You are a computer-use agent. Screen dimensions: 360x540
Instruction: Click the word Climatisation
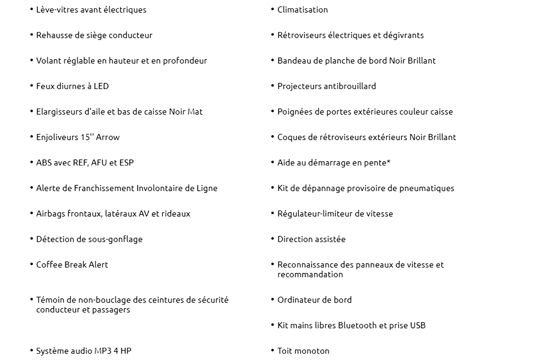pos(302,10)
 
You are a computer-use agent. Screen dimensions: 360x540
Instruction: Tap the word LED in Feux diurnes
pos(101,86)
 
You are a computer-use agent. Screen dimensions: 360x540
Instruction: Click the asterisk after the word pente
pos(388,162)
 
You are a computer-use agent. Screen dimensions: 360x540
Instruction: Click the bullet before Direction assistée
pos(273,239)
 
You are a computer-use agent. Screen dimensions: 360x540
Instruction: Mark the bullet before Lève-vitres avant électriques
pos(32,9)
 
